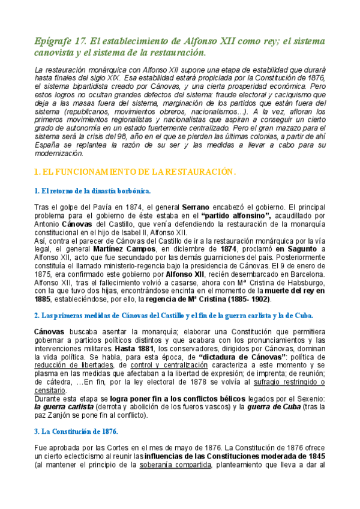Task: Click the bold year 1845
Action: pos(315,472)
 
